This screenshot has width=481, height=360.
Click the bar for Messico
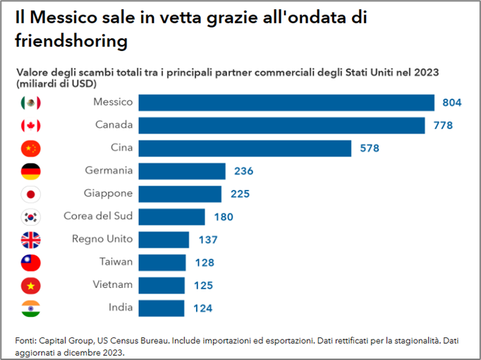(x=286, y=102)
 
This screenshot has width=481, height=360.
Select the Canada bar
(x=281, y=125)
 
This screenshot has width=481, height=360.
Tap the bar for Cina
(x=245, y=148)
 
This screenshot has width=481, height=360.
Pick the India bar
(x=162, y=308)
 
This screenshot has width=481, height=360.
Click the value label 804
(x=451, y=102)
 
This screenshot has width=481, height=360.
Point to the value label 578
(x=370, y=148)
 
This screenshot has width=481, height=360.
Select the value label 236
(x=243, y=171)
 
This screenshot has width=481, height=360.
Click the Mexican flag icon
(x=31, y=103)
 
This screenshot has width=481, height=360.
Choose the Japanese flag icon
(x=31, y=194)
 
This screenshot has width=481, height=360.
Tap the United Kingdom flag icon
(x=31, y=240)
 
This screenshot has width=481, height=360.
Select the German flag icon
(x=31, y=172)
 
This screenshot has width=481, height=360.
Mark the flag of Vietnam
(x=31, y=285)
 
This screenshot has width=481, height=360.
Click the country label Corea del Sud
(x=98, y=216)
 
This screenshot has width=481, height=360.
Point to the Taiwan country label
(x=116, y=262)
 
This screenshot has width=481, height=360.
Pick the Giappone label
(x=107, y=193)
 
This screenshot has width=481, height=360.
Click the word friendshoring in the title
(x=71, y=41)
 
